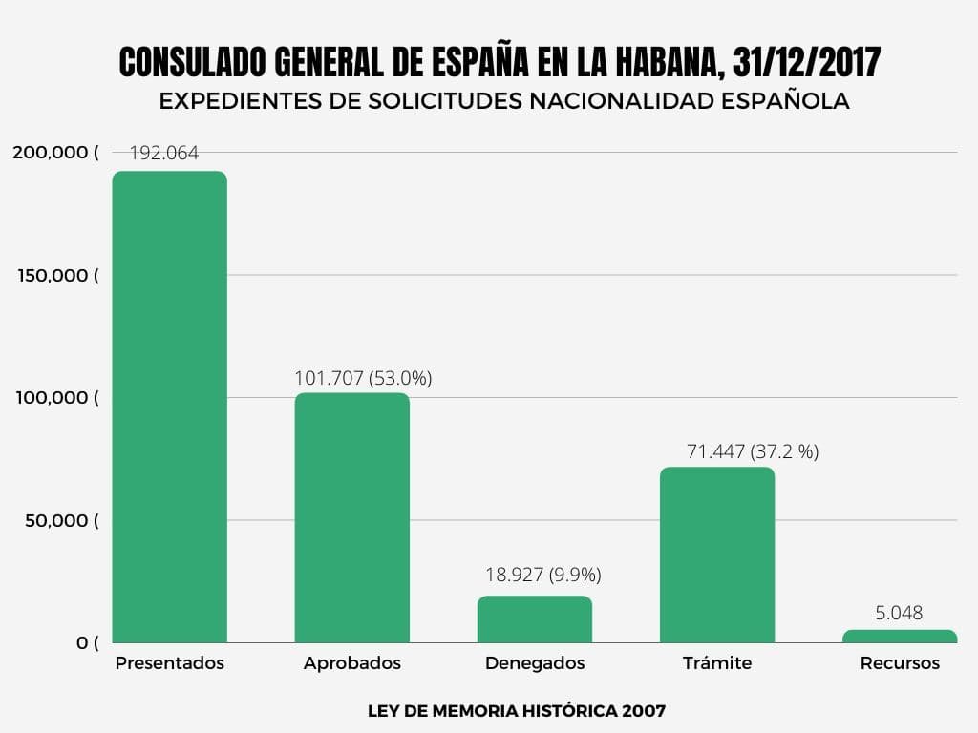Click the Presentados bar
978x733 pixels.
(170, 407)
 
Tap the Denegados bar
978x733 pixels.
(534, 619)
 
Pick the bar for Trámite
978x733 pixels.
(716, 555)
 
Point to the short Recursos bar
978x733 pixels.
(899, 636)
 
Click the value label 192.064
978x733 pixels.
(164, 153)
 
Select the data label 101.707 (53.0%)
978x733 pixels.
(363, 378)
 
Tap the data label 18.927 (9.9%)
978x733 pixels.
(544, 575)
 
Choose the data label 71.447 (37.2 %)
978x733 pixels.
(753, 451)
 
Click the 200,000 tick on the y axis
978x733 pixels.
(55, 152)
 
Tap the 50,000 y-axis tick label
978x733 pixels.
(60, 520)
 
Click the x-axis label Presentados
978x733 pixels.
(170, 662)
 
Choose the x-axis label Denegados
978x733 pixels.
(535, 662)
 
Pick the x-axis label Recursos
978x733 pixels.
(900, 662)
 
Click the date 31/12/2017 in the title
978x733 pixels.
(807, 64)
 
